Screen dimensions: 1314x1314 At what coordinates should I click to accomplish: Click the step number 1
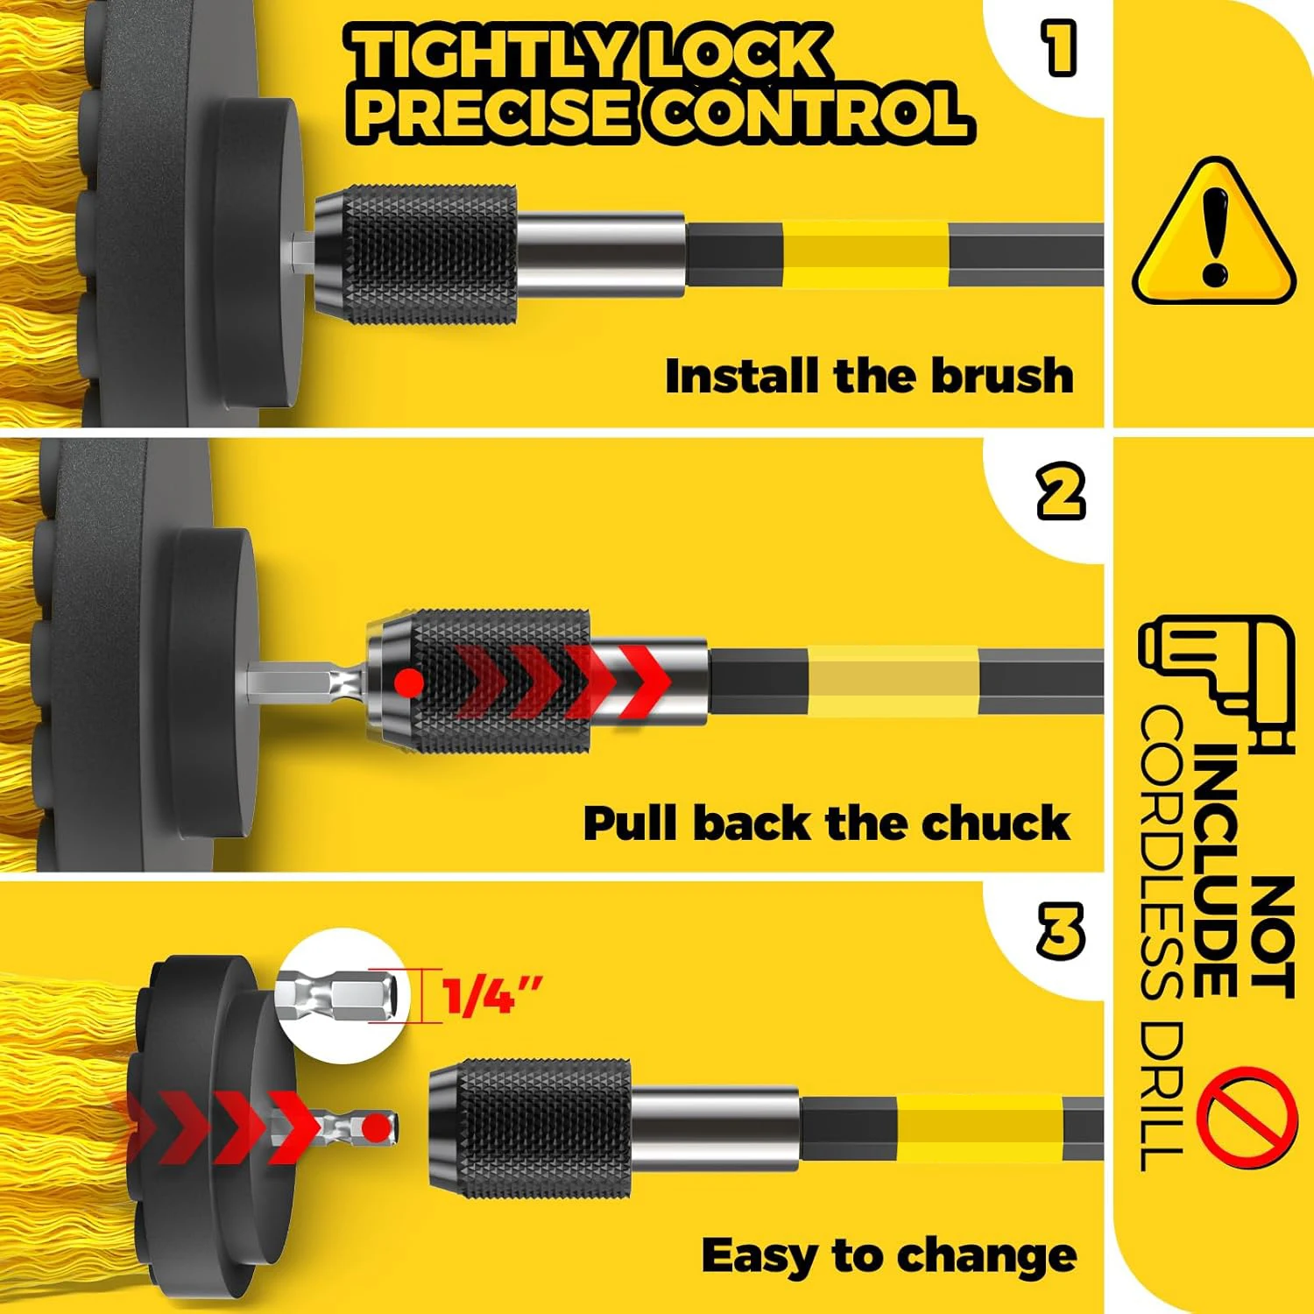pos(1059,49)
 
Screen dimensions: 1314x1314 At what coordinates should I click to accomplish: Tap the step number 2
pos(1061,492)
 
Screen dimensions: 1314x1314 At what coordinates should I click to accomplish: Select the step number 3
pos(1061,929)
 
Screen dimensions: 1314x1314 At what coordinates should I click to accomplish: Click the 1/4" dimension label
pos(491,996)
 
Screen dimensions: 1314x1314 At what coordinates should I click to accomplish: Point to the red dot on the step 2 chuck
pos(409,682)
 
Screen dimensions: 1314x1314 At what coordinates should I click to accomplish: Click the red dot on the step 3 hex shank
pos(376,1127)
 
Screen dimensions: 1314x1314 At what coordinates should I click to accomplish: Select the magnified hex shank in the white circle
pos(342,996)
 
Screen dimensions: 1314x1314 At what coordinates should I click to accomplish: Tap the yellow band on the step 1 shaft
pos(864,254)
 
